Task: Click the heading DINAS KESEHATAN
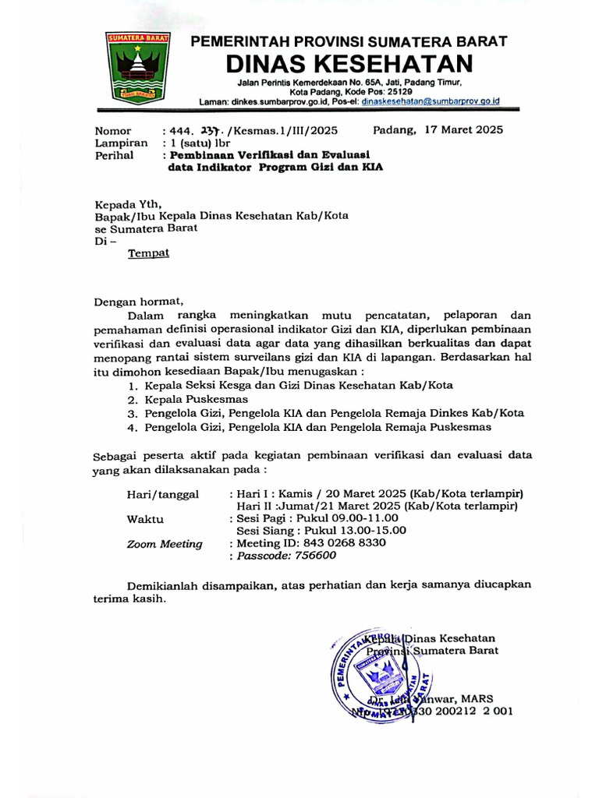(349, 63)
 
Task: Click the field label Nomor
(113, 131)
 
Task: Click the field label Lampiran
(121, 143)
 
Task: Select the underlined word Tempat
(148, 253)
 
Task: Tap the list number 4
(133, 428)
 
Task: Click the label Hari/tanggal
(163, 494)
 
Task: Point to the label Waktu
(144, 518)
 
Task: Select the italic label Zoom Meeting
(165, 544)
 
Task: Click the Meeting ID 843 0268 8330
(342, 542)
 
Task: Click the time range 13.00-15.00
(371, 530)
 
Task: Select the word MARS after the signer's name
(477, 698)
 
